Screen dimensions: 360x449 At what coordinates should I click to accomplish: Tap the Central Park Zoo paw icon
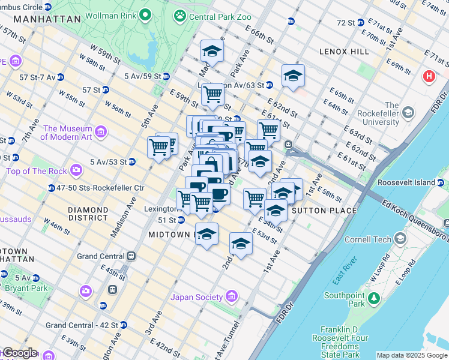coord(180,17)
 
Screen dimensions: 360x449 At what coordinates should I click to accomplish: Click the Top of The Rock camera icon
coord(76,170)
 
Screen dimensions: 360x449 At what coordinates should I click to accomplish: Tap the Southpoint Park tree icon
coord(374,298)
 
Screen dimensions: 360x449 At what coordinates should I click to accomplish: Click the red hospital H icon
coord(429,77)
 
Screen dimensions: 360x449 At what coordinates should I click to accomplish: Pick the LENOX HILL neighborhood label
coord(344,52)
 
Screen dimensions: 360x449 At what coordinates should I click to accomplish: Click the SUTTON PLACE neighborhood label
coord(324,211)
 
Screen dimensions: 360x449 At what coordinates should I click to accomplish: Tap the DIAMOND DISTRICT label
coord(88,214)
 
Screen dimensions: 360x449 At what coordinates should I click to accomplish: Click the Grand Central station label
coord(101,256)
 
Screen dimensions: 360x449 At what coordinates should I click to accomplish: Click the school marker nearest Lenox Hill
coord(293,76)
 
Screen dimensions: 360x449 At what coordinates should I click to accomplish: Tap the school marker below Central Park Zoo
coord(212,52)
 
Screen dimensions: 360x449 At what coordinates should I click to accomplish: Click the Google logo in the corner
coord(20,353)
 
